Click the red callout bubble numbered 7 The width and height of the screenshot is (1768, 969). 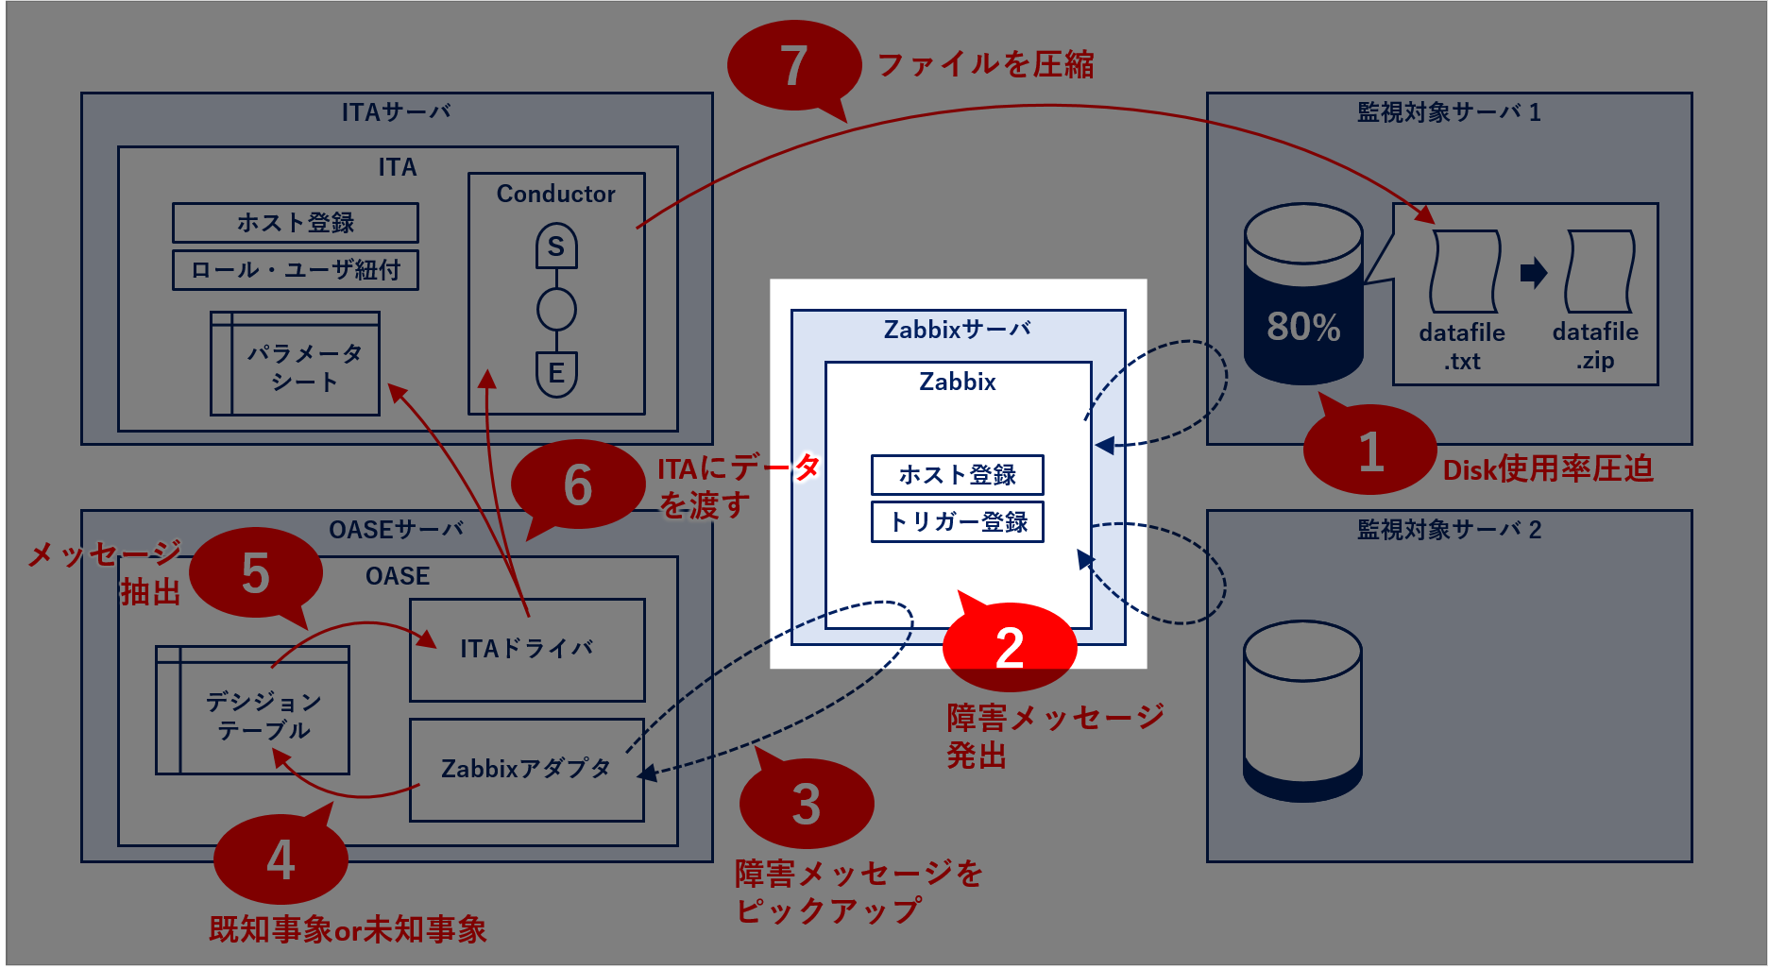pos(793,65)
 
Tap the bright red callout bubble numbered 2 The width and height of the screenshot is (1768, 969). pos(1010,647)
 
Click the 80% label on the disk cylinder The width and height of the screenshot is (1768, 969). pos(1303,327)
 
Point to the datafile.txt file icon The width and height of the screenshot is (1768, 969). pos(1464,272)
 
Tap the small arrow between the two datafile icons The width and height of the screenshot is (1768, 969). pos(1533,273)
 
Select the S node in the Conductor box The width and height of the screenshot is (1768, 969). pos(556,246)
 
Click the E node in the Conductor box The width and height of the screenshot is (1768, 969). pos(556,373)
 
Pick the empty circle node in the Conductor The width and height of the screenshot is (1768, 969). pos(556,309)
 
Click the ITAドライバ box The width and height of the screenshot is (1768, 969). pos(527,650)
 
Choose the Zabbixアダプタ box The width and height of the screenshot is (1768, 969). pos(527,770)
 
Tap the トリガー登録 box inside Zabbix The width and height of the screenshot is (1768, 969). pos(957,522)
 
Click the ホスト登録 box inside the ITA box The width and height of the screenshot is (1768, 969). pos(295,223)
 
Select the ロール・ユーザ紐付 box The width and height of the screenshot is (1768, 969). pos(295,270)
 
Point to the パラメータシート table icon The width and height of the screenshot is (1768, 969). pos(295,365)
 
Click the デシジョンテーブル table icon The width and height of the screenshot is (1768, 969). pos(253,711)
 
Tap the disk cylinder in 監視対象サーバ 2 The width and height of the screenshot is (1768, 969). pos(1302,711)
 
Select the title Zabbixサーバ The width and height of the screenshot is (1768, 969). pos(957,330)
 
